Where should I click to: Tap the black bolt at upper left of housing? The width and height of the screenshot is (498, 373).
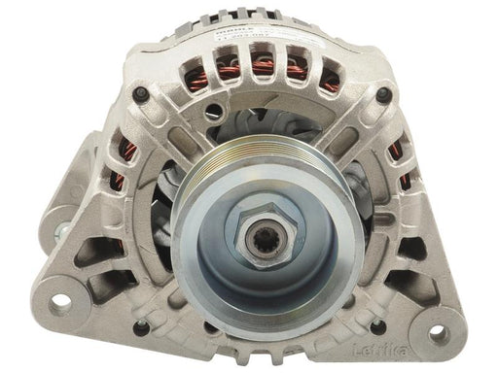[x=141, y=93]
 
